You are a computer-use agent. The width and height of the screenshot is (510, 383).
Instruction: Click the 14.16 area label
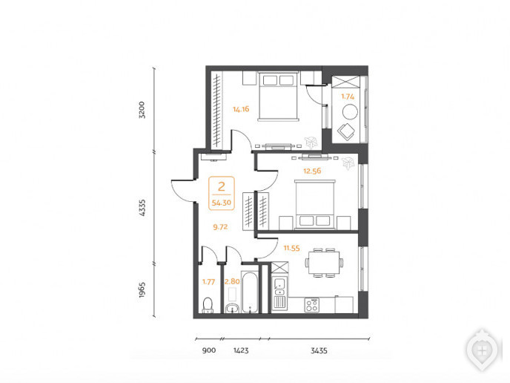(241, 109)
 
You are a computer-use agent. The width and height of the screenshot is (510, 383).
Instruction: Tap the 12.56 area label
(312, 171)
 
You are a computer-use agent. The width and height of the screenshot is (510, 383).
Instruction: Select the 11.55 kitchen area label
(291, 248)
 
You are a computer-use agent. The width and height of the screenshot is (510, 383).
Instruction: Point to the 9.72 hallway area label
(220, 227)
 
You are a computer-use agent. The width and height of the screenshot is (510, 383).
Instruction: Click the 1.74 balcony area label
(348, 96)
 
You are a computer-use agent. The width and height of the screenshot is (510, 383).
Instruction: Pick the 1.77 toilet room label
(208, 282)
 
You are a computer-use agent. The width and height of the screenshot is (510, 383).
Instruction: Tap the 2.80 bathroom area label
(232, 281)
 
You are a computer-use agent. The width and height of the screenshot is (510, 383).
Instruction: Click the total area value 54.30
(222, 203)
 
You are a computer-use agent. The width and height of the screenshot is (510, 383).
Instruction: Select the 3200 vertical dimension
(142, 110)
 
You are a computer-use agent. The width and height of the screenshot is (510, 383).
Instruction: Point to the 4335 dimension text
(142, 208)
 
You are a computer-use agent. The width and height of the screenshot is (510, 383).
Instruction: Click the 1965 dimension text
(142, 290)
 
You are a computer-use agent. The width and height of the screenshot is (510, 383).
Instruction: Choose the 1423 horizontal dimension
(241, 350)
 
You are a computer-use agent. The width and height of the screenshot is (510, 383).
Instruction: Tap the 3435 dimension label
(319, 350)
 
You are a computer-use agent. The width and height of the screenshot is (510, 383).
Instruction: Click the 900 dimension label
(209, 350)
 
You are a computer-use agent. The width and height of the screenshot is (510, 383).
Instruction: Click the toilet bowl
(208, 305)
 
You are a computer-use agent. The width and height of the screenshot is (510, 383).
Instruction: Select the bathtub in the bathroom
(250, 292)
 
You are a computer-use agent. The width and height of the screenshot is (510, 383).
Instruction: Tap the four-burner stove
(312, 306)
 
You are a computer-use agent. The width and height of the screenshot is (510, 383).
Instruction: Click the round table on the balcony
(350, 111)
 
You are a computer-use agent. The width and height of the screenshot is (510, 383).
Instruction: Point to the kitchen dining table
(324, 263)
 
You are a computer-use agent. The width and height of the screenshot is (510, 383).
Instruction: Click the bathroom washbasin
(232, 308)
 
